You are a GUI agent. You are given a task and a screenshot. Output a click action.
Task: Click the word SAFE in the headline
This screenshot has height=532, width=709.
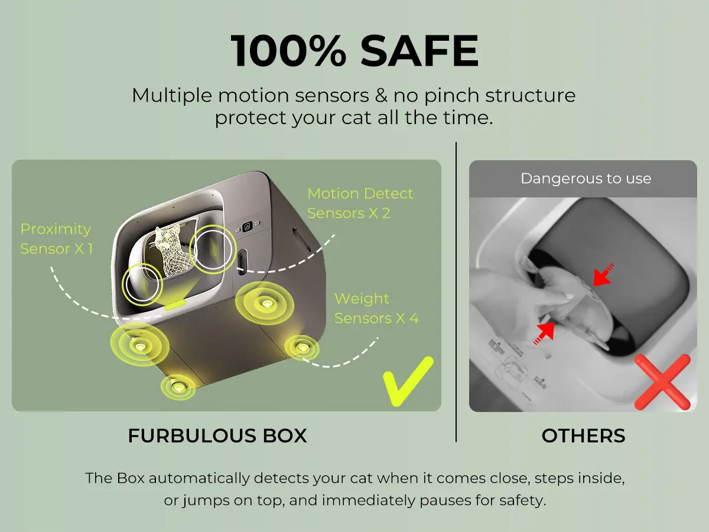[419, 51]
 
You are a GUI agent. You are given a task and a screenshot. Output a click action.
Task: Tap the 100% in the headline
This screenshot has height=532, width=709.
[288, 51]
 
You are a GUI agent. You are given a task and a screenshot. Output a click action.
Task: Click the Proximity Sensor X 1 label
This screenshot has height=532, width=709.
[57, 239]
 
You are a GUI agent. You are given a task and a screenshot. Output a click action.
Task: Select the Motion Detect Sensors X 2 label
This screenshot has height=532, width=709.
[360, 203]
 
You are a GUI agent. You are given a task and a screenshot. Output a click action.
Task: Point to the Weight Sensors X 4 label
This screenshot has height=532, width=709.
[376, 308]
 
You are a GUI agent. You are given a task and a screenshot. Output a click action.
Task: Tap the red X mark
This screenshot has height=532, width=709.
[662, 382]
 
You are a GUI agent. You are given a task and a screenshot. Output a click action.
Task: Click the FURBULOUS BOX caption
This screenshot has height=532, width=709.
[217, 436]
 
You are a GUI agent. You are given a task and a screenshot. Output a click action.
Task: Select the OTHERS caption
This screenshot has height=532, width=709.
[583, 436]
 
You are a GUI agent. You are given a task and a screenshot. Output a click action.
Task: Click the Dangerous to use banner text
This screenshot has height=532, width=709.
[586, 179]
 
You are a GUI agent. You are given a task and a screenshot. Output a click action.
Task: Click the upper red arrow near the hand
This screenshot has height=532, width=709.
[603, 275]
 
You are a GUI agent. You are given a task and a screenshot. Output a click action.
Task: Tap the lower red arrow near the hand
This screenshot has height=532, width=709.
[544, 333]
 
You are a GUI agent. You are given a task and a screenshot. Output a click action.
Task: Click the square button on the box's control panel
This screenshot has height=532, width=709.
[248, 226]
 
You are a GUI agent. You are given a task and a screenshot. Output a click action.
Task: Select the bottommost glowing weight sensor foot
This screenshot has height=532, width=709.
[178, 387]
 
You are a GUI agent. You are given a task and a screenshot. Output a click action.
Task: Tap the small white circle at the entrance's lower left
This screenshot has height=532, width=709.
[142, 284]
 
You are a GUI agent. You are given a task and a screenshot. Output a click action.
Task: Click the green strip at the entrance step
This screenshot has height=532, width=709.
[175, 304]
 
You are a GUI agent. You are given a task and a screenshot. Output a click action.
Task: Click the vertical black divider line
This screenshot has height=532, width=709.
[456, 292]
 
